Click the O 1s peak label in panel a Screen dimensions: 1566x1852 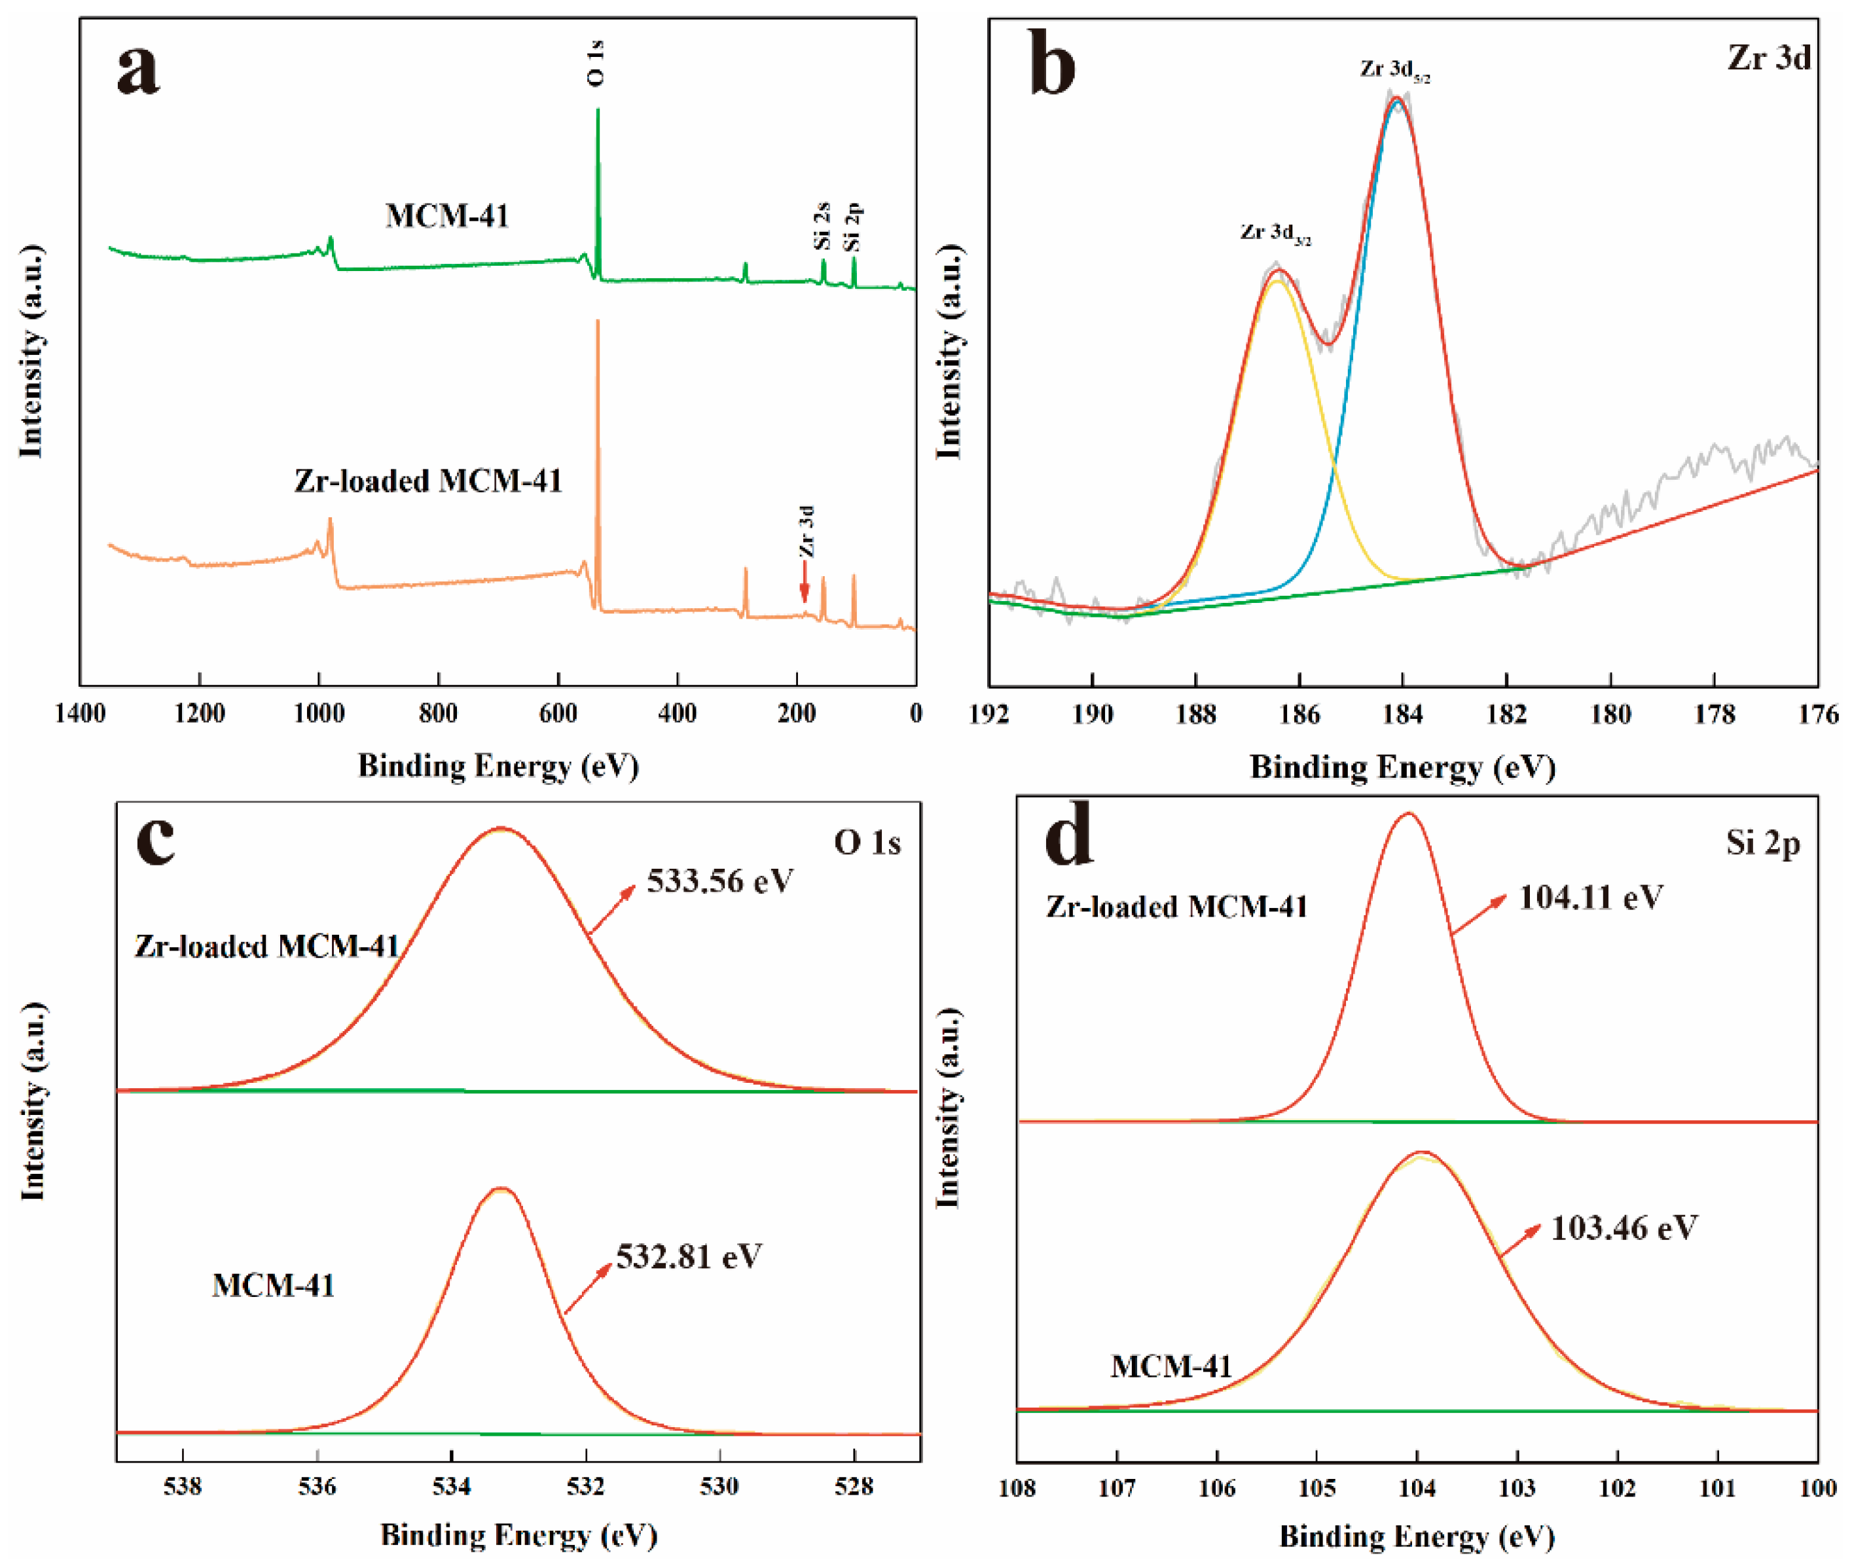(596, 62)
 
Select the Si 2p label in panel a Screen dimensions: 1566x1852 (852, 227)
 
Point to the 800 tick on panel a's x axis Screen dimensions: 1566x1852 (438, 714)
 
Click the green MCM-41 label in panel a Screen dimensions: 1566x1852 (446, 216)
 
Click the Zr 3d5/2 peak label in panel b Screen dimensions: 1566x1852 (1395, 70)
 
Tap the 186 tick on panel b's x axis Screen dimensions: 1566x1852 (1299, 715)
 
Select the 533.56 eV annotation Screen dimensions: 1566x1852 (719, 881)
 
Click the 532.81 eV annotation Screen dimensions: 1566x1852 (689, 1256)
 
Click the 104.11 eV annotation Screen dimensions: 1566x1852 (1590, 897)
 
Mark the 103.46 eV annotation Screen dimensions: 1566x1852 (1624, 1228)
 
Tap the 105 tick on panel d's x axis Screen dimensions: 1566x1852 (1316, 1339)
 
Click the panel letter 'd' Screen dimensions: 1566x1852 (1068, 836)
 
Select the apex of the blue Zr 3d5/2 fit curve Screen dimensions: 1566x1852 (1398, 101)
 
